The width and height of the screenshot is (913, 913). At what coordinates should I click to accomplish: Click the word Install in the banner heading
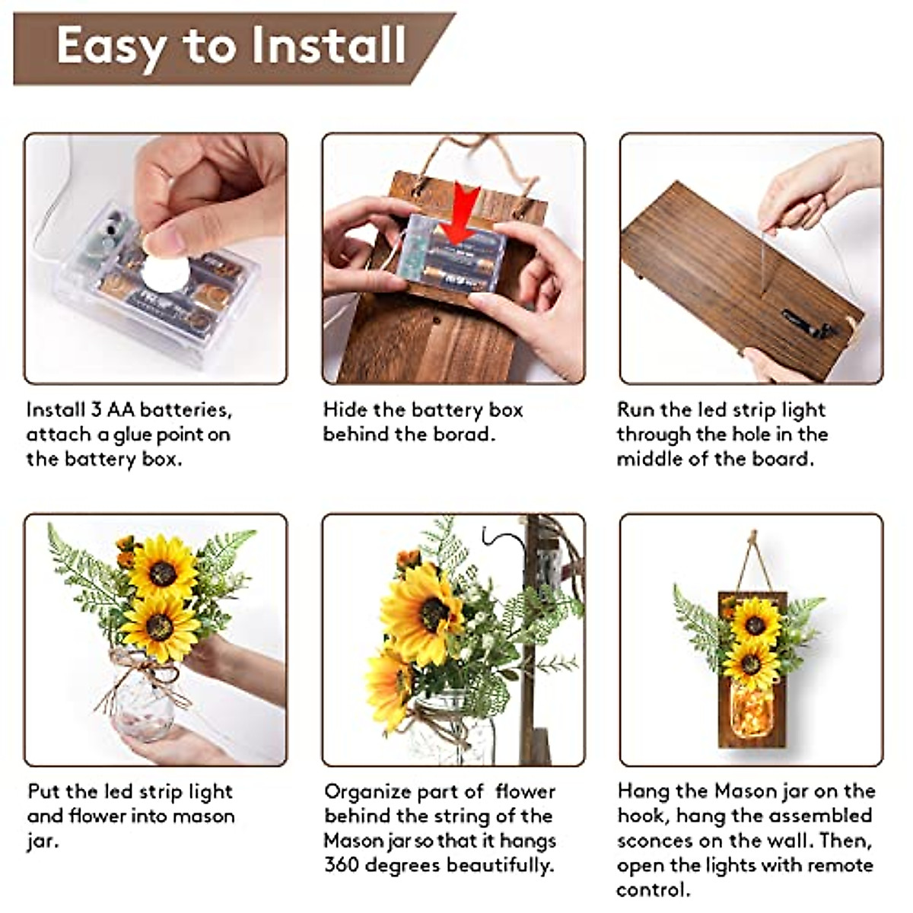tap(329, 46)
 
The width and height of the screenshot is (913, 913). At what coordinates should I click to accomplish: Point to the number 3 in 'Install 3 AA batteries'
tap(96, 410)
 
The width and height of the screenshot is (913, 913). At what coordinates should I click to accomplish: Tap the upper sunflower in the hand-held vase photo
tap(162, 569)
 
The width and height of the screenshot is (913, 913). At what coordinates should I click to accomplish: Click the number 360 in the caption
tap(342, 866)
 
